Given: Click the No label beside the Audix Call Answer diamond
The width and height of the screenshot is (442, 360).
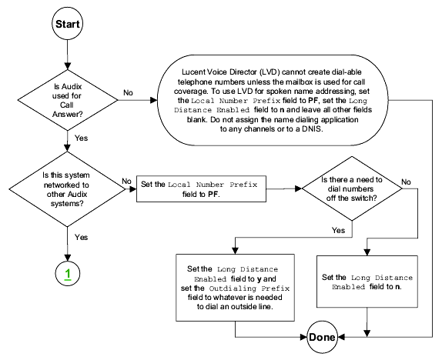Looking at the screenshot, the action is pyautogui.click(x=129, y=92).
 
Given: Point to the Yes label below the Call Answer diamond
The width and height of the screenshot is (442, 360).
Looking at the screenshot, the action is pyautogui.click(x=81, y=138).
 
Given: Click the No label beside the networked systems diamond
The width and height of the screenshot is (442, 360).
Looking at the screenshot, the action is pyautogui.click(x=126, y=181).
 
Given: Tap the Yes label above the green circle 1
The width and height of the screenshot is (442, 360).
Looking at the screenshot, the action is pyautogui.click(x=81, y=237).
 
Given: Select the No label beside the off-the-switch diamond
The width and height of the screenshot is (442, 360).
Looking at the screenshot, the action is pyautogui.click(x=406, y=182).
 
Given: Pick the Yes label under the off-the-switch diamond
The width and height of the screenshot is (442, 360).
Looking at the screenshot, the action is pyautogui.click(x=338, y=231).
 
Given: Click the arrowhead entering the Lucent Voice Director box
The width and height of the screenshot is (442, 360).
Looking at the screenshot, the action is pyautogui.click(x=154, y=100).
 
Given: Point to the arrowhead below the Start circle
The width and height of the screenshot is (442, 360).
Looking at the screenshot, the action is pyautogui.click(x=67, y=66).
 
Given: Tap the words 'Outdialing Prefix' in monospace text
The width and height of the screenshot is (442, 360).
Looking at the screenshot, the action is pyautogui.click(x=249, y=288).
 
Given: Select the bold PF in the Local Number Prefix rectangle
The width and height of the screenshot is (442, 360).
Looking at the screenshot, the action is pyautogui.click(x=213, y=194).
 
